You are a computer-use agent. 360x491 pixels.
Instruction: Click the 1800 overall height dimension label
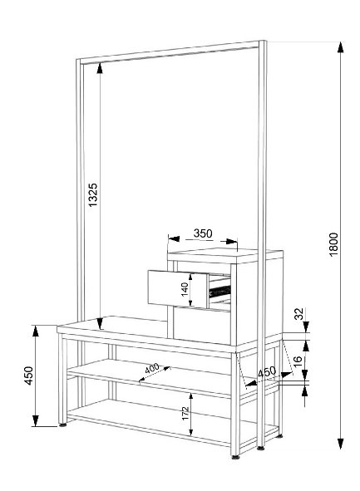point(334,244)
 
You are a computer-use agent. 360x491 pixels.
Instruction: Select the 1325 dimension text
point(93,194)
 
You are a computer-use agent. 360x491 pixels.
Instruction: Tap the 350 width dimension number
point(203,233)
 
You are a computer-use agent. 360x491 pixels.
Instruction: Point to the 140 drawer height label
point(185,289)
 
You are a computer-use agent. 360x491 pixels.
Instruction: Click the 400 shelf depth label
point(152,368)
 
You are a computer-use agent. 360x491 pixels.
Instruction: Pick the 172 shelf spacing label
point(185,413)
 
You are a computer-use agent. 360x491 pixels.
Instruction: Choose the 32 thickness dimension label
point(300,314)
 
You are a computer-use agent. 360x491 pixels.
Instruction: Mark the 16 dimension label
point(298,359)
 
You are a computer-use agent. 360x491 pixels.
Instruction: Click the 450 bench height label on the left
point(28,376)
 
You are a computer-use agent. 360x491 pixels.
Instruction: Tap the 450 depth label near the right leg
point(267,372)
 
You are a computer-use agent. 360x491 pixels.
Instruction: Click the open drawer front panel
point(178,288)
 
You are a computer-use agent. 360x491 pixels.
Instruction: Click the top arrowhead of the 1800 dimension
point(340,47)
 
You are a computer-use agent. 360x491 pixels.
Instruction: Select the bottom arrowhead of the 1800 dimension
point(340,443)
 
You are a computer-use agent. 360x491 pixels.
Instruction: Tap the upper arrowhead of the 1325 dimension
point(100,68)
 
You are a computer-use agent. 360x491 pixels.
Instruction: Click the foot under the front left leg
point(62,425)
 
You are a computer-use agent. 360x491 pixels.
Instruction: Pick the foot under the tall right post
point(260,448)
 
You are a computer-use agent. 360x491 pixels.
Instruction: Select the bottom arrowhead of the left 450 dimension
point(36,420)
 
